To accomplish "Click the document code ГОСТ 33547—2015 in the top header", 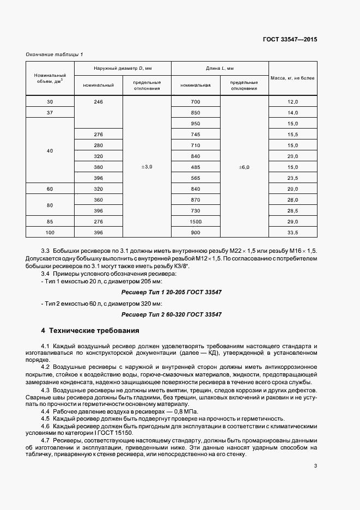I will click(x=291, y=40).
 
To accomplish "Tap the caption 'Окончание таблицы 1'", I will click(x=54, y=54).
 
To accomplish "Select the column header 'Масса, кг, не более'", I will click(x=292, y=78).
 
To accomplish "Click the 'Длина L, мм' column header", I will click(x=219, y=68).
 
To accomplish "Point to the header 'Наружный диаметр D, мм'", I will click(x=123, y=68).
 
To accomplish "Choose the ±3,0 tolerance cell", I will click(x=147, y=167).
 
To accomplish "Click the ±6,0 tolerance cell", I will click(x=244, y=167).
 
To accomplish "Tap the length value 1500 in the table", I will click(x=196, y=222).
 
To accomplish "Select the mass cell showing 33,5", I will click(x=292, y=233).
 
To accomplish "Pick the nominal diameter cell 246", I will click(x=99, y=102).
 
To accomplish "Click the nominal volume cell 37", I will click(x=50, y=113).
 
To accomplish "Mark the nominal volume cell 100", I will click(x=50, y=233).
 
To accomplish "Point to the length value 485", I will click(x=196, y=167).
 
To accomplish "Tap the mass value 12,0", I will click(x=292, y=102).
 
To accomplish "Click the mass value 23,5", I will click(x=292, y=178).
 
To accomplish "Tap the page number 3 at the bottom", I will click(x=315, y=465).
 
